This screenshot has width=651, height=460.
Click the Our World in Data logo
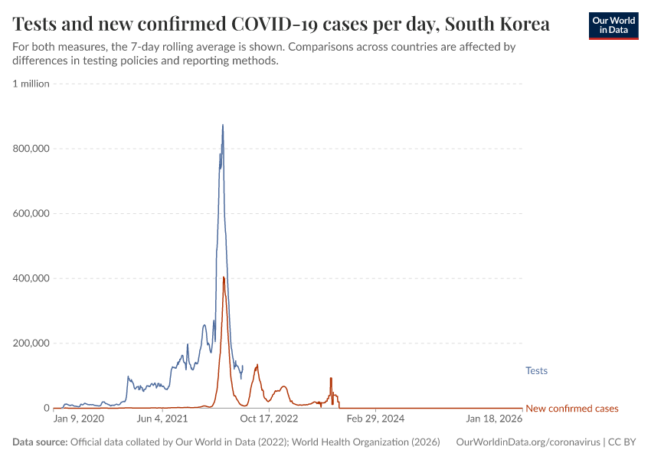(613, 25)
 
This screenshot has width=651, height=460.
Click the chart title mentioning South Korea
(281, 24)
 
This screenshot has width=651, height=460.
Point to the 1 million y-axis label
(31, 84)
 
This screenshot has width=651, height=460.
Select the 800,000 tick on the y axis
(31, 149)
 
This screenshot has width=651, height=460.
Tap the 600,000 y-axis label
(31, 213)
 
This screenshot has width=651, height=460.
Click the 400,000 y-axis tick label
(31, 278)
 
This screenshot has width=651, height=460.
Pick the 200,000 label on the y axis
(31, 343)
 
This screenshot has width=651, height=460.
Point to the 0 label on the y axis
(46, 408)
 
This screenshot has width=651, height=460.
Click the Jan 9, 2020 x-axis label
(78, 419)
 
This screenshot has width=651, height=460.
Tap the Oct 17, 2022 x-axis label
(269, 419)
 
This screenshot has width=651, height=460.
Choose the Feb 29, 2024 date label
(375, 419)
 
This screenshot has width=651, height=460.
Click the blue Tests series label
(536, 371)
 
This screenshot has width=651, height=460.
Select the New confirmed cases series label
(571, 409)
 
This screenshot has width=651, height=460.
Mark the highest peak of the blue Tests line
(223, 125)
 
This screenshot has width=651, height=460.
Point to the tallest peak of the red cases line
(224, 278)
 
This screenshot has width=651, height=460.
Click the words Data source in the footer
(40, 442)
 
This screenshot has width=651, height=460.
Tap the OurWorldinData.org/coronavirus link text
(528, 442)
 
